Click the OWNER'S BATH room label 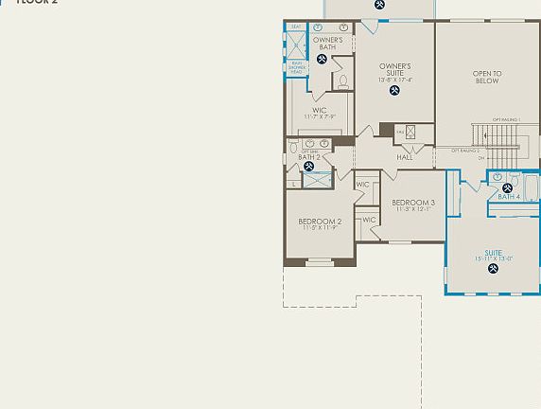pos(327,44)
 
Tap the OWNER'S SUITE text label pos(395,72)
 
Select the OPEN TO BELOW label pos(487,77)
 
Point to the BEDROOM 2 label pos(320,224)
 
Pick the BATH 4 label pos(509,197)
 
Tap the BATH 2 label pos(309,156)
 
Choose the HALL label pos(405,157)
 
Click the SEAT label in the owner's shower pos(296,27)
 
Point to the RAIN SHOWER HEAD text pos(296,67)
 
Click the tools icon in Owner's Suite pos(394,91)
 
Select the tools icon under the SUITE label pos(493,268)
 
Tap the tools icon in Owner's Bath pos(322,60)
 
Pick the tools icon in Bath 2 pos(308,167)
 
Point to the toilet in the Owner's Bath pos(343,81)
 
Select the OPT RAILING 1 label pos(506,120)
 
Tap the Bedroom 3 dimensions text pos(413,210)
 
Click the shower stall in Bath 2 pos(318,178)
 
